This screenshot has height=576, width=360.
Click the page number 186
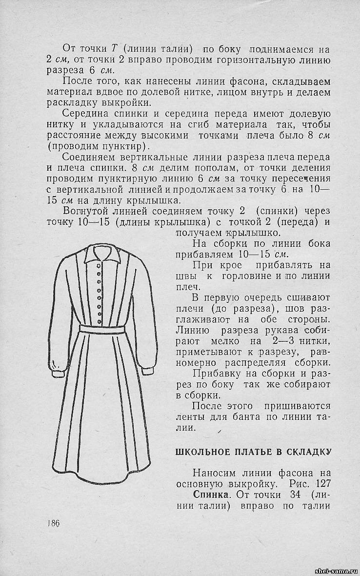tap(53, 523)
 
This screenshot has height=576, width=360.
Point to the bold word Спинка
tap(210, 495)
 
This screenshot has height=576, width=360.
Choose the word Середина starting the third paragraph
tap(83, 114)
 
